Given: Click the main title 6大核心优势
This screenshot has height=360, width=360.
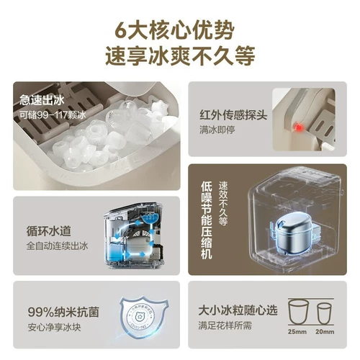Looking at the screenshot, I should pos(180,31).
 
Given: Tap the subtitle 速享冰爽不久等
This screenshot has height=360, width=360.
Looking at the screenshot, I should pos(180,57).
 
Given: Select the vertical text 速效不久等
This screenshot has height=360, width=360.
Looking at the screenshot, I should pos(222,204).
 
